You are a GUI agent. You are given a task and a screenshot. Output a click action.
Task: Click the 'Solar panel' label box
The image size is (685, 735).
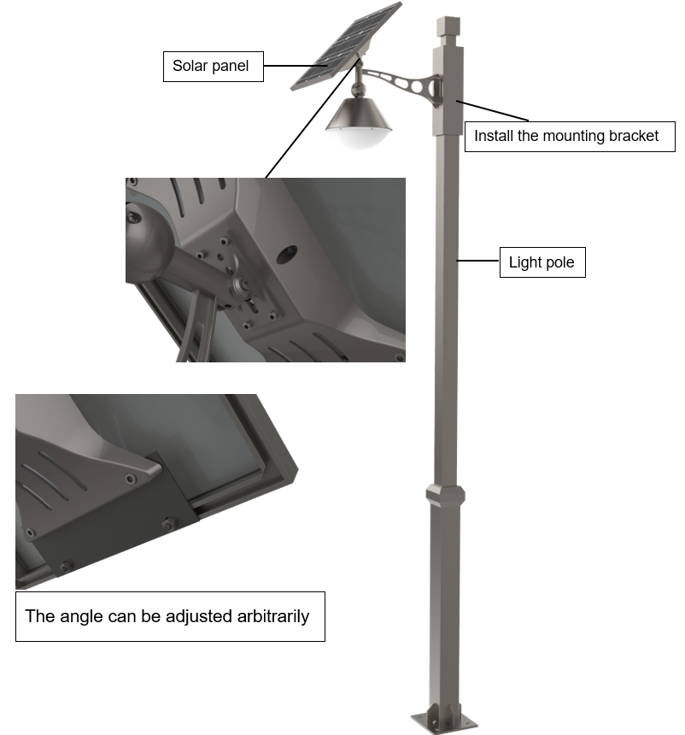[x=214, y=67]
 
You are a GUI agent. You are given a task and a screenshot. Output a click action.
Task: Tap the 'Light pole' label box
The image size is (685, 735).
[x=542, y=262]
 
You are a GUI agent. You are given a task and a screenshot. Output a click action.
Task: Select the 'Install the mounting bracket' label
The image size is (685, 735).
[x=570, y=137]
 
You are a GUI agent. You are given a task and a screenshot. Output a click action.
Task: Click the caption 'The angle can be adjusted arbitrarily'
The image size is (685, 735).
[x=170, y=616]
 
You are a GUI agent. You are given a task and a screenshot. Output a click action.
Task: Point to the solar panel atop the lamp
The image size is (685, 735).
[x=346, y=46]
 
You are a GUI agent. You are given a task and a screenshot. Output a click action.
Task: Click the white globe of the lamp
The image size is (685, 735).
[x=359, y=138]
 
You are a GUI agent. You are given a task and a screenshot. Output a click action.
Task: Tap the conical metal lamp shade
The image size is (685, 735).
[x=359, y=114]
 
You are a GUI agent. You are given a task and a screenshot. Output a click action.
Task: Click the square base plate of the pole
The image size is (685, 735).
[x=443, y=722]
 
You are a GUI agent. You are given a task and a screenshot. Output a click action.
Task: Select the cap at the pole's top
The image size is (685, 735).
[x=448, y=26]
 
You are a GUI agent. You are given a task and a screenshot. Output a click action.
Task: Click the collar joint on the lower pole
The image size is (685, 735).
[x=445, y=495]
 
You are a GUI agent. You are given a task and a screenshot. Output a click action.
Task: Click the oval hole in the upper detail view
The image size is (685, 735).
[x=287, y=255]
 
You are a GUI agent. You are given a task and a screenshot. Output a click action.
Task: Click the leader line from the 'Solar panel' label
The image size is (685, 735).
[x=296, y=66]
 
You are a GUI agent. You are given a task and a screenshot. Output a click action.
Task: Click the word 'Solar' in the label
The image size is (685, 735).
[x=190, y=66]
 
